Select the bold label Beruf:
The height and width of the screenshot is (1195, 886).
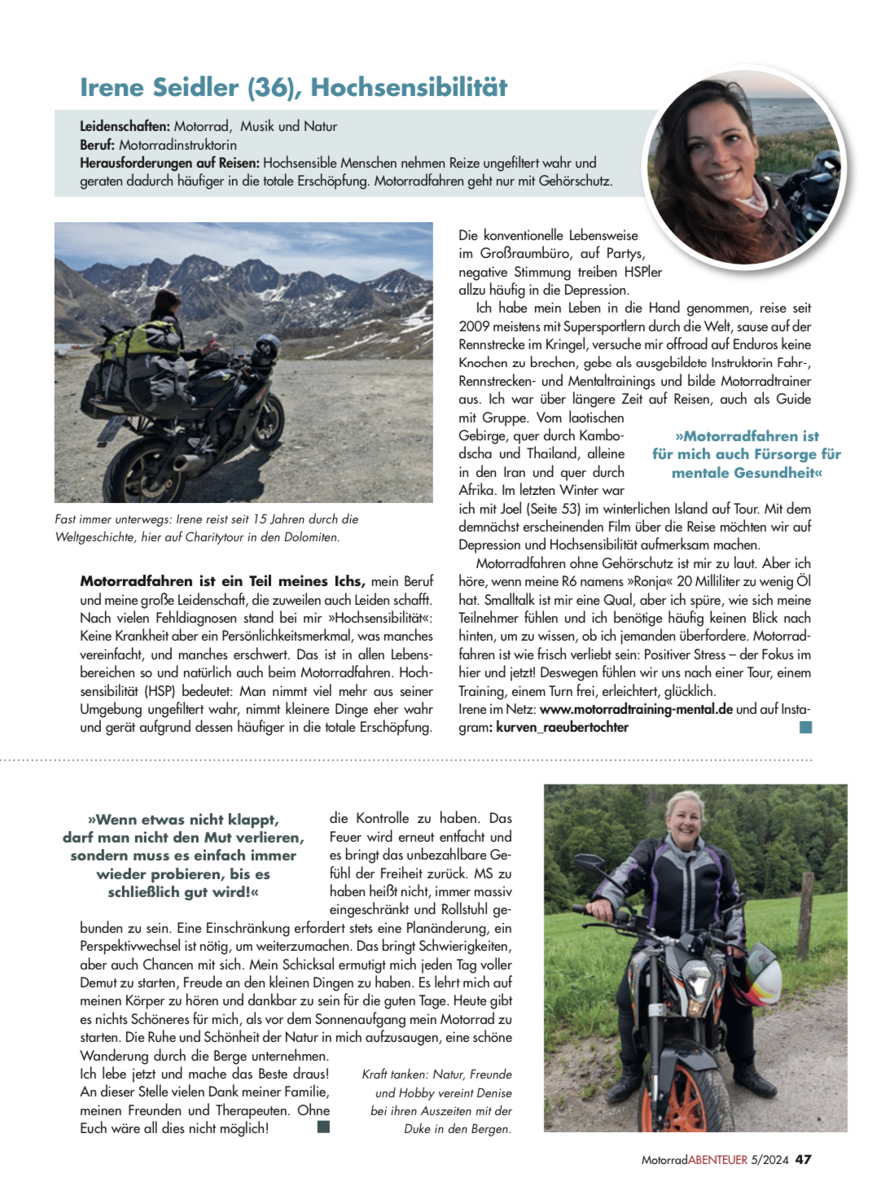click(x=97, y=145)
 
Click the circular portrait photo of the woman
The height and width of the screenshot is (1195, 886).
click(x=743, y=167)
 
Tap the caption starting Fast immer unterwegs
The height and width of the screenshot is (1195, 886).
click(x=206, y=527)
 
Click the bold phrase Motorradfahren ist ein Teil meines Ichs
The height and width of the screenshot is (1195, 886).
click(x=222, y=581)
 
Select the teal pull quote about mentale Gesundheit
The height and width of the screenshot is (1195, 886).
click(x=746, y=454)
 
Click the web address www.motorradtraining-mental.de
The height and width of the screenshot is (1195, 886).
click(x=636, y=709)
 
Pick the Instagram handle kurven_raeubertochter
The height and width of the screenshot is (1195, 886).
click(x=562, y=727)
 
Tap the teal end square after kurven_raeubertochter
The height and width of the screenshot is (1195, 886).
click(x=805, y=727)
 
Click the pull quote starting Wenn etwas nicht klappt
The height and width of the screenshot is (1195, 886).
click(x=183, y=856)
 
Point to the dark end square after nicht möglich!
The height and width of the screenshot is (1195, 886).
click(x=323, y=1127)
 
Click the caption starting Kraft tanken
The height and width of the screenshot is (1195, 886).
click(x=438, y=1101)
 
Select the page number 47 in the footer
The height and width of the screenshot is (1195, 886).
click(x=803, y=1159)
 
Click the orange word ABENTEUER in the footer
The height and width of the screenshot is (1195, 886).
click(x=717, y=1160)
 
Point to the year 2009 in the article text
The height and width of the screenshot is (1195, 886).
click(x=474, y=326)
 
